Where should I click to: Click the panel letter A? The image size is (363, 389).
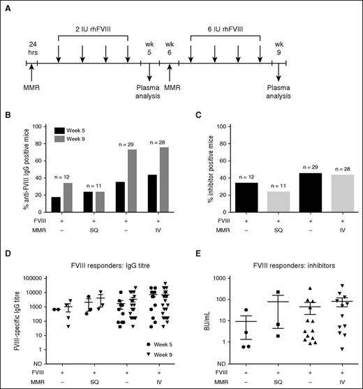click(10, 10)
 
